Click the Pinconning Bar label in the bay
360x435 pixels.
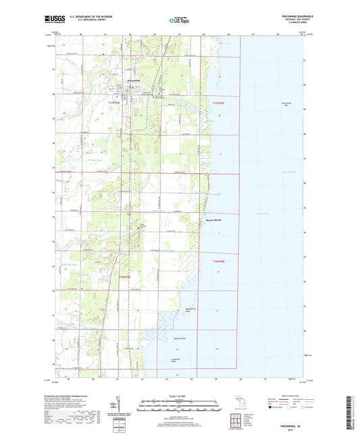284,105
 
